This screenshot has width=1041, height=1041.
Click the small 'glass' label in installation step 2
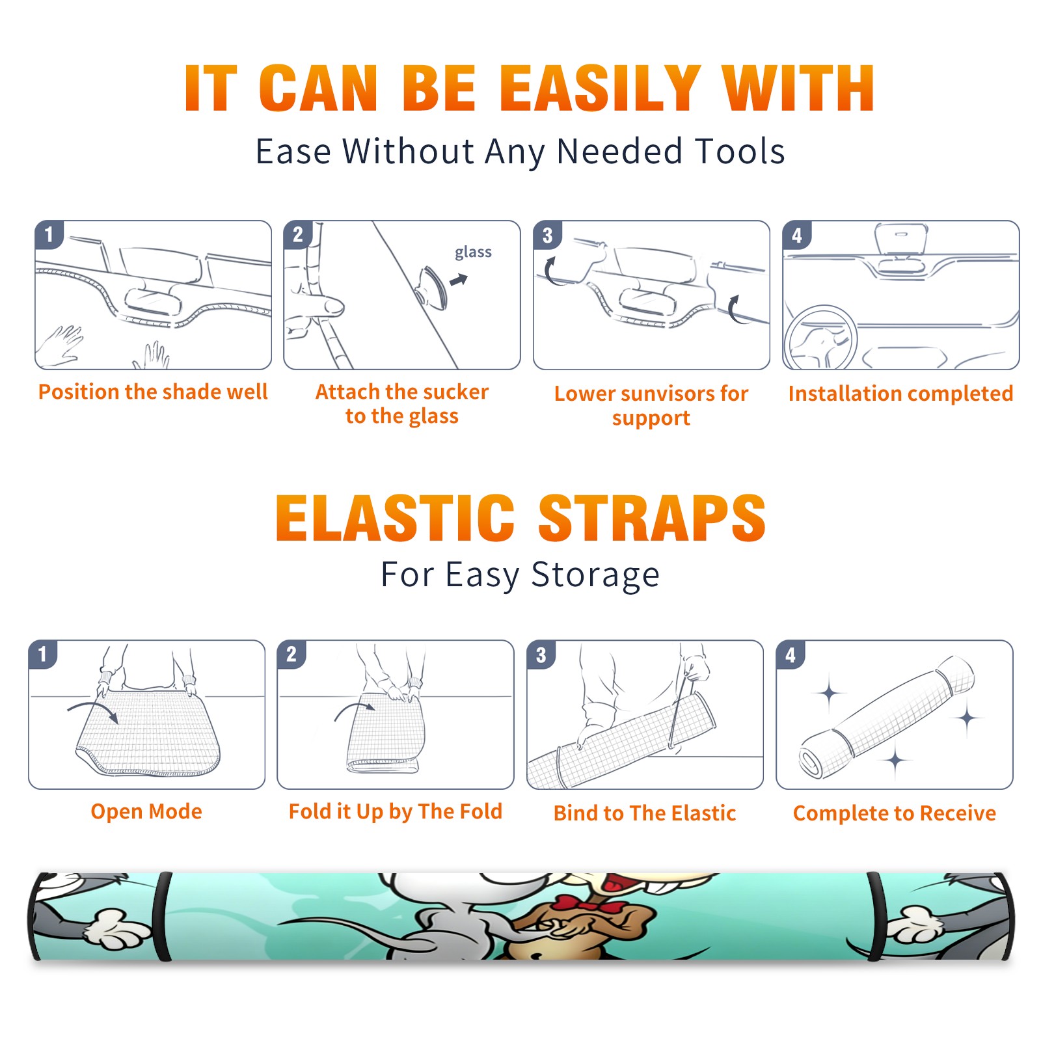[473, 252]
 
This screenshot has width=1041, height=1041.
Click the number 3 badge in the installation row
[547, 235]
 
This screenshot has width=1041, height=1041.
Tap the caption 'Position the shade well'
[153, 392]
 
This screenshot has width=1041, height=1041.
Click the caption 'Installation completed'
[900, 393]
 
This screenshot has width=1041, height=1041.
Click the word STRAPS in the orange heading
[652, 518]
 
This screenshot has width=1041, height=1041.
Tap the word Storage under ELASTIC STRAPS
[595, 575]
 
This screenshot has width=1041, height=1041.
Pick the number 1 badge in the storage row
[43, 654]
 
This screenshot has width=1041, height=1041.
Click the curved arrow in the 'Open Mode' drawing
[93, 709]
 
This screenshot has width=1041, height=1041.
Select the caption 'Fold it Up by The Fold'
[396, 811]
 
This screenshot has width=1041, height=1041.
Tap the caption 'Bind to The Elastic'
[645, 813]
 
